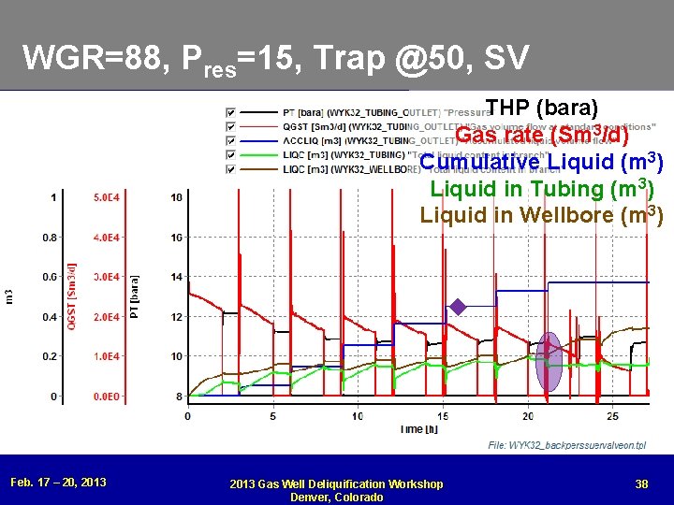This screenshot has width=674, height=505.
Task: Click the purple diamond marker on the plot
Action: pos(458,306)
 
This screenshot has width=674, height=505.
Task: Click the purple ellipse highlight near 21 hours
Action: pos(551,361)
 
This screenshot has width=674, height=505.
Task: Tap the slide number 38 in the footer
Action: pos(641,483)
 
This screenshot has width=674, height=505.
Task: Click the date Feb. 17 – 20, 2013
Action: pos(58,483)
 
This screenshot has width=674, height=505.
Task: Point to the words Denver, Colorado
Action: pos(337,497)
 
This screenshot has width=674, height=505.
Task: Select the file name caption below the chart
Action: pos(567,445)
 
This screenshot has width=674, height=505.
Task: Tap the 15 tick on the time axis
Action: pos(442,415)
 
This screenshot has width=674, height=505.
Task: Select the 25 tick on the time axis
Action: pos(612,415)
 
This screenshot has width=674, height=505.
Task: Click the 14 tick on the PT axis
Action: pos(176,277)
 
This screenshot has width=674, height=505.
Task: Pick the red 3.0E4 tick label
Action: pos(107,277)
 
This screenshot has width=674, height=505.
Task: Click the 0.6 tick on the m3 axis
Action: pos(49,277)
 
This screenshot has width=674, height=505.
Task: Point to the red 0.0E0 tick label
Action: pos(107,397)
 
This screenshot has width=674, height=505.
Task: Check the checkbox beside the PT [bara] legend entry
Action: pos(230,113)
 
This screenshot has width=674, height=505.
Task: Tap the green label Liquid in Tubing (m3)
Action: pos(541,188)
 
